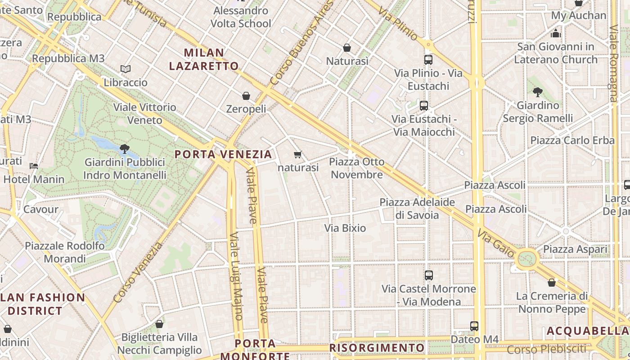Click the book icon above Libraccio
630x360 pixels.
(x=126, y=69)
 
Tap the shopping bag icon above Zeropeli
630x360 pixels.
(x=246, y=96)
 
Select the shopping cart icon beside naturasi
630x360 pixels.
(x=297, y=155)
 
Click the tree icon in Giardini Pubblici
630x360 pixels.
(x=125, y=148)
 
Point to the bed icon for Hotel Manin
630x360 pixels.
(x=34, y=166)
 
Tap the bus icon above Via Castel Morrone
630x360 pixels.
(x=428, y=275)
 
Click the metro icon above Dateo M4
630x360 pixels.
(x=474, y=326)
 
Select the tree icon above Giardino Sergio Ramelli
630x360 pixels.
(x=537, y=92)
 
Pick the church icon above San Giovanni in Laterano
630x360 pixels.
(x=556, y=33)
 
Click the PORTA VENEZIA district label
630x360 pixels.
(x=223, y=154)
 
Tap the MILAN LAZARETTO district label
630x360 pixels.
(x=204, y=59)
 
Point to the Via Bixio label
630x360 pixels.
(x=345, y=228)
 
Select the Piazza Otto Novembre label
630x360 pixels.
(x=357, y=168)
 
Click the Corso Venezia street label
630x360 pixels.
(x=138, y=272)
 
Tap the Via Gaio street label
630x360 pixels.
(x=495, y=244)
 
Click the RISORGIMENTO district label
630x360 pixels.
(x=377, y=348)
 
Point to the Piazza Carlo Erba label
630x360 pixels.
(x=572, y=140)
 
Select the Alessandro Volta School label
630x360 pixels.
(x=241, y=17)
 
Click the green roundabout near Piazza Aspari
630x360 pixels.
(x=527, y=259)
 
